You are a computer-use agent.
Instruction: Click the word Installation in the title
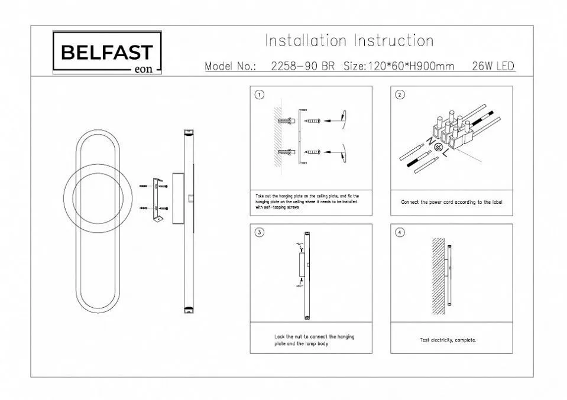(305, 41)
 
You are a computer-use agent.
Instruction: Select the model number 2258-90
(288, 66)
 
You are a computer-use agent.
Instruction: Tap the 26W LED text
(493, 66)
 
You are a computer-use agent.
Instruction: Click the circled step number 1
(259, 95)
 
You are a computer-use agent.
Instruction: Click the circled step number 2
(400, 95)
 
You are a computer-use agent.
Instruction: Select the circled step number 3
(259, 232)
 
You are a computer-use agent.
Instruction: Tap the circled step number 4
(400, 232)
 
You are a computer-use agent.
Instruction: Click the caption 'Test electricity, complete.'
(448, 340)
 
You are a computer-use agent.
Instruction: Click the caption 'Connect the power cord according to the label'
(452, 202)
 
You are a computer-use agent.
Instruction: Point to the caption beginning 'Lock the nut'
(314, 340)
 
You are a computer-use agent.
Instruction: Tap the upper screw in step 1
(312, 121)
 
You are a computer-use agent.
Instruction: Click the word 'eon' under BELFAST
(144, 69)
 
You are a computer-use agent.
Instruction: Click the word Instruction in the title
(393, 41)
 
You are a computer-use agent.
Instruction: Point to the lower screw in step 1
(312, 152)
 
